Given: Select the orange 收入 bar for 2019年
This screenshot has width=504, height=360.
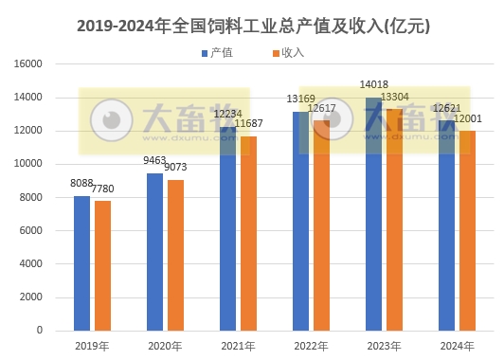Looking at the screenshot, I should point(103,266).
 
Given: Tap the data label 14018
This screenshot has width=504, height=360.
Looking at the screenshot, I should point(374,85).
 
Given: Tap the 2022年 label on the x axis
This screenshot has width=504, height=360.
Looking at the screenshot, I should point(312,346).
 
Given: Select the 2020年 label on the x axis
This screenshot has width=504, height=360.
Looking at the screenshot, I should point(166,346).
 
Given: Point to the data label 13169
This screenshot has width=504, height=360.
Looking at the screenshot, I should point(301,99).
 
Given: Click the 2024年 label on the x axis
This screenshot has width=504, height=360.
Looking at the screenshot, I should point(458,346).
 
